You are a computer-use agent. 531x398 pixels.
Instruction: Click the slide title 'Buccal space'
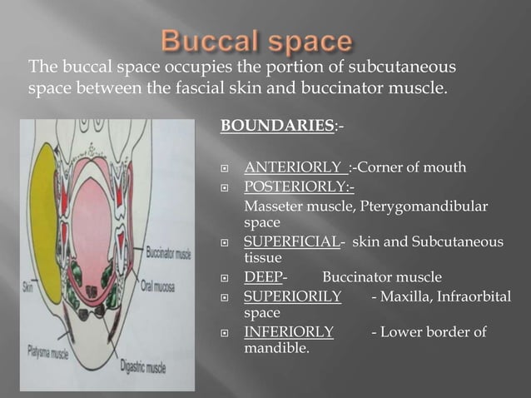pyautogui.click(x=256, y=41)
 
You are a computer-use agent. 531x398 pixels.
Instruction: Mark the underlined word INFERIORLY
pyautogui.click(x=289, y=332)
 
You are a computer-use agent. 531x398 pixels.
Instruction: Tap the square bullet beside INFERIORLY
pyautogui.click(x=226, y=333)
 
